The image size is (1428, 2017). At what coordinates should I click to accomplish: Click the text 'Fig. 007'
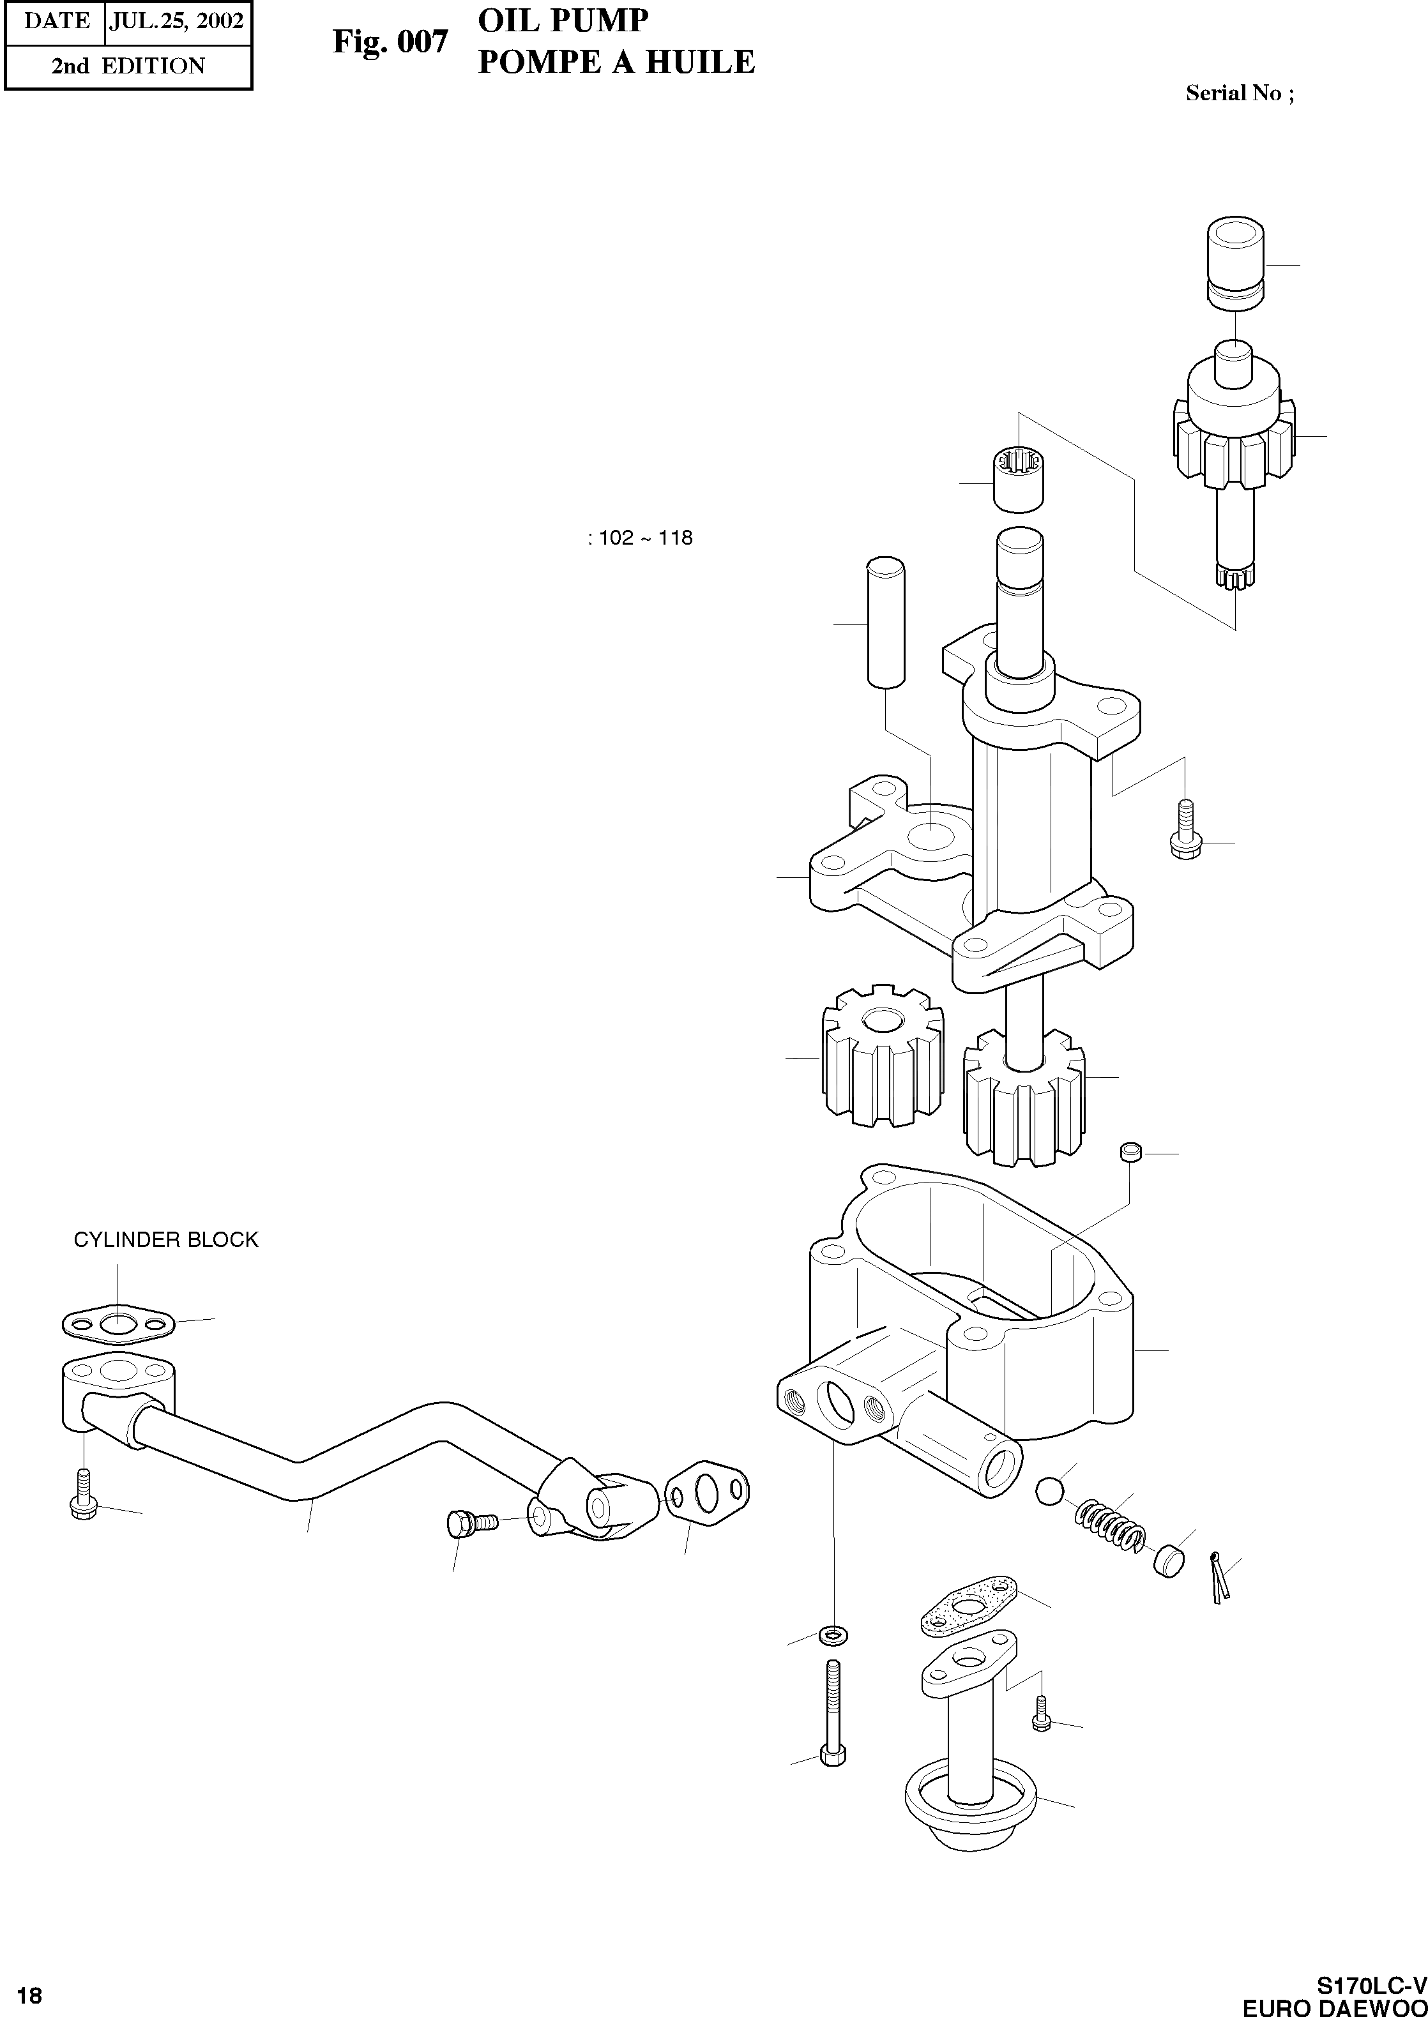click(x=390, y=42)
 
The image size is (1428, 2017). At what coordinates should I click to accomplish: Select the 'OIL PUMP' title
click(x=563, y=21)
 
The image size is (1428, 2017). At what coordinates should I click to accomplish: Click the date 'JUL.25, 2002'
click(x=176, y=21)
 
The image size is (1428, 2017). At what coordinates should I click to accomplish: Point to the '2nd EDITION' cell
click(x=128, y=66)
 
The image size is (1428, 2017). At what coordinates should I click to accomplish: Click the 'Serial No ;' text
click(x=1239, y=93)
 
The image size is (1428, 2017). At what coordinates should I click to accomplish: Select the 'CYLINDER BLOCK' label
click(x=165, y=1239)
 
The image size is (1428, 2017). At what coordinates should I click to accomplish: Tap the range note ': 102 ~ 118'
click(x=640, y=538)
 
